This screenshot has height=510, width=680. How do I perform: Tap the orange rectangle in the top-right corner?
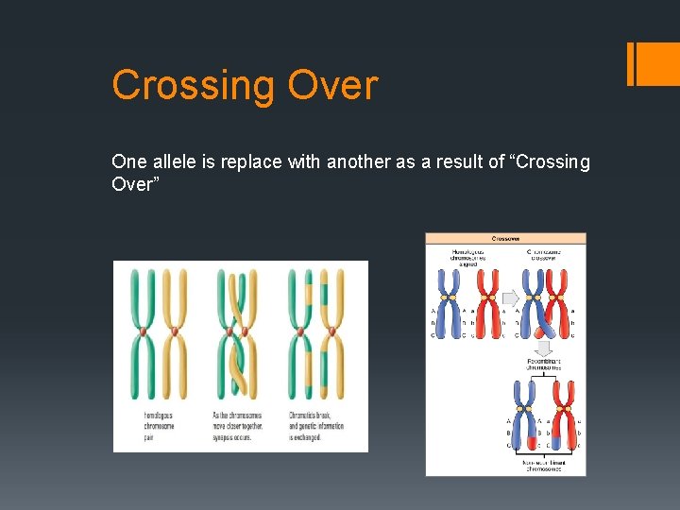tap(653, 64)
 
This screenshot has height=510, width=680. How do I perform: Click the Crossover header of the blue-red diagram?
tap(505, 239)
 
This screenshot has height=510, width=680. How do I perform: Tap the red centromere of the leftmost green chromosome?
tap(143, 332)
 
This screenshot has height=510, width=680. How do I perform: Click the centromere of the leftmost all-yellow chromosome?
tap(174, 332)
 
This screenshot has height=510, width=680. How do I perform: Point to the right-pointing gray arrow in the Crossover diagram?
tap(510, 297)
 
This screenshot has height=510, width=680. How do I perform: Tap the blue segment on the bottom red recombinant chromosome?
tap(553, 442)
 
